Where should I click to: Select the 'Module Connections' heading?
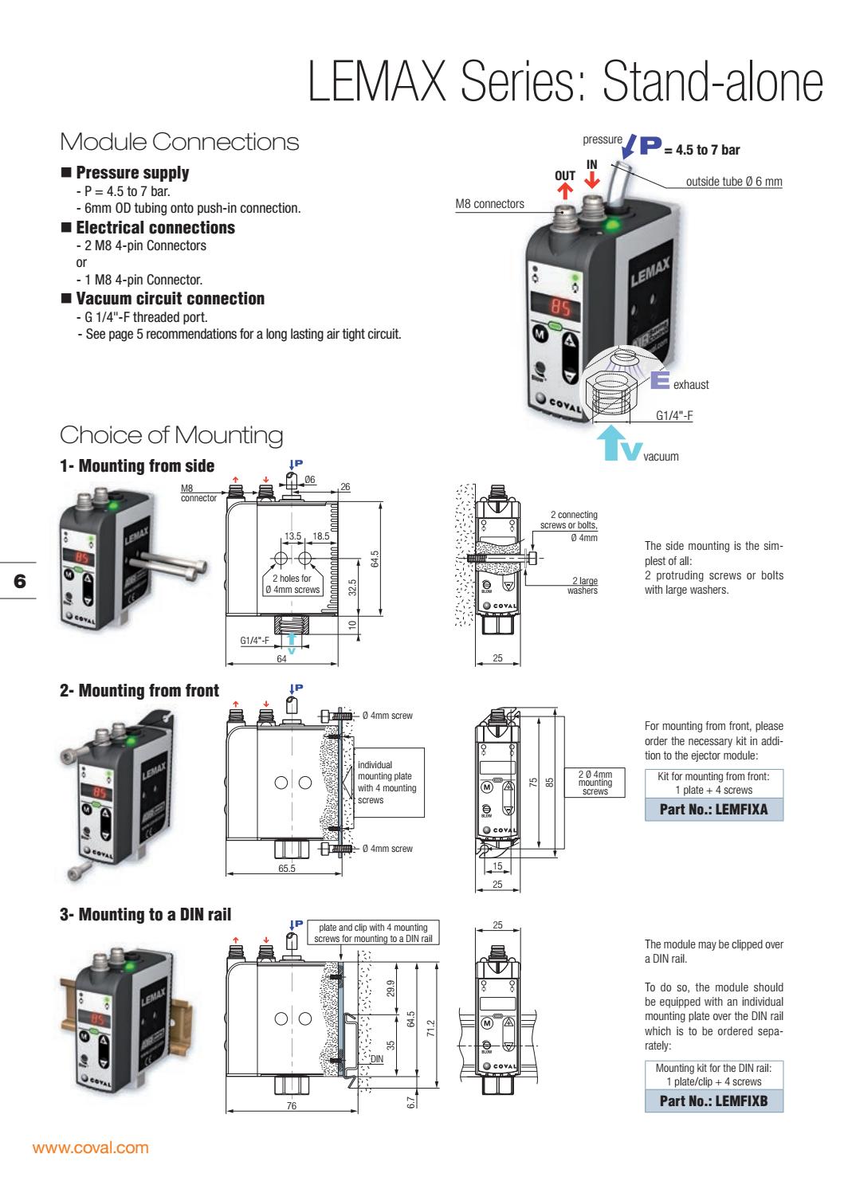point(179,143)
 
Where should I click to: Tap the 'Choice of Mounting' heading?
point(171,435)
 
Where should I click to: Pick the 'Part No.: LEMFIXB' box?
point(713,1101)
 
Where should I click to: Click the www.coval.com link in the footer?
point(89,1148)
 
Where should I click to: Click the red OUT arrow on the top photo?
point(564,190)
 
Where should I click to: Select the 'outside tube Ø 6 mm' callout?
point(733,182)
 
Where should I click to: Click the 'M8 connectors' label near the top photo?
point(489,204)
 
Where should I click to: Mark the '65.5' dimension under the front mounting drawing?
point(287,868)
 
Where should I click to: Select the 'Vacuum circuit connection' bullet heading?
point(170,299)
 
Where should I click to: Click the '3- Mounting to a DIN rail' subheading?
point(146,914)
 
